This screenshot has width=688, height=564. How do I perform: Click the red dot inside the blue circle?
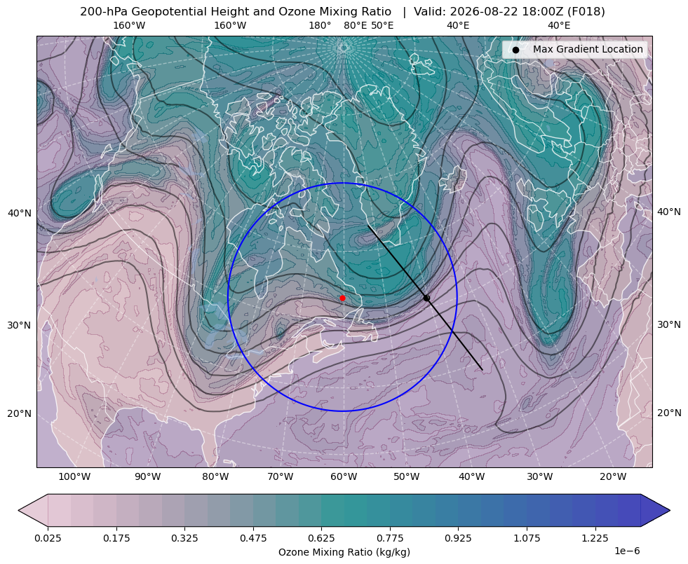[342, 298]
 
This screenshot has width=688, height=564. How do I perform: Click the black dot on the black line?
[426, 298]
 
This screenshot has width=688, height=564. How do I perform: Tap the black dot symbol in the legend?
[515, 50]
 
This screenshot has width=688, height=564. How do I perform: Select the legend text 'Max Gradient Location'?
[588, 49]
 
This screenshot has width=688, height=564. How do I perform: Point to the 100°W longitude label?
[74, 476]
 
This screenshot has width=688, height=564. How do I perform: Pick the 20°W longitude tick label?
[613, 476]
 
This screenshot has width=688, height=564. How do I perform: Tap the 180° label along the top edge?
[320, 25]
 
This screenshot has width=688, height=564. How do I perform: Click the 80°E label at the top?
[356, 25]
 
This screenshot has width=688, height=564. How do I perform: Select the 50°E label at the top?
[382, 25]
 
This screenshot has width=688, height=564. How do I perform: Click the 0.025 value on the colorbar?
[48, 538]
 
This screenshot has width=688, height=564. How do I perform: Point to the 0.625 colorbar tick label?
[321, 538]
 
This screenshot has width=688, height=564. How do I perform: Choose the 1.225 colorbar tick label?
[595, 538]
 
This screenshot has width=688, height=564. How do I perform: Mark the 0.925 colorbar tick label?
[458, 538]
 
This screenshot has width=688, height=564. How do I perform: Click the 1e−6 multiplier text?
[628, 551]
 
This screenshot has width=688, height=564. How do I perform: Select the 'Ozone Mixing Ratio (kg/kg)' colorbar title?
[344, 551]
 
